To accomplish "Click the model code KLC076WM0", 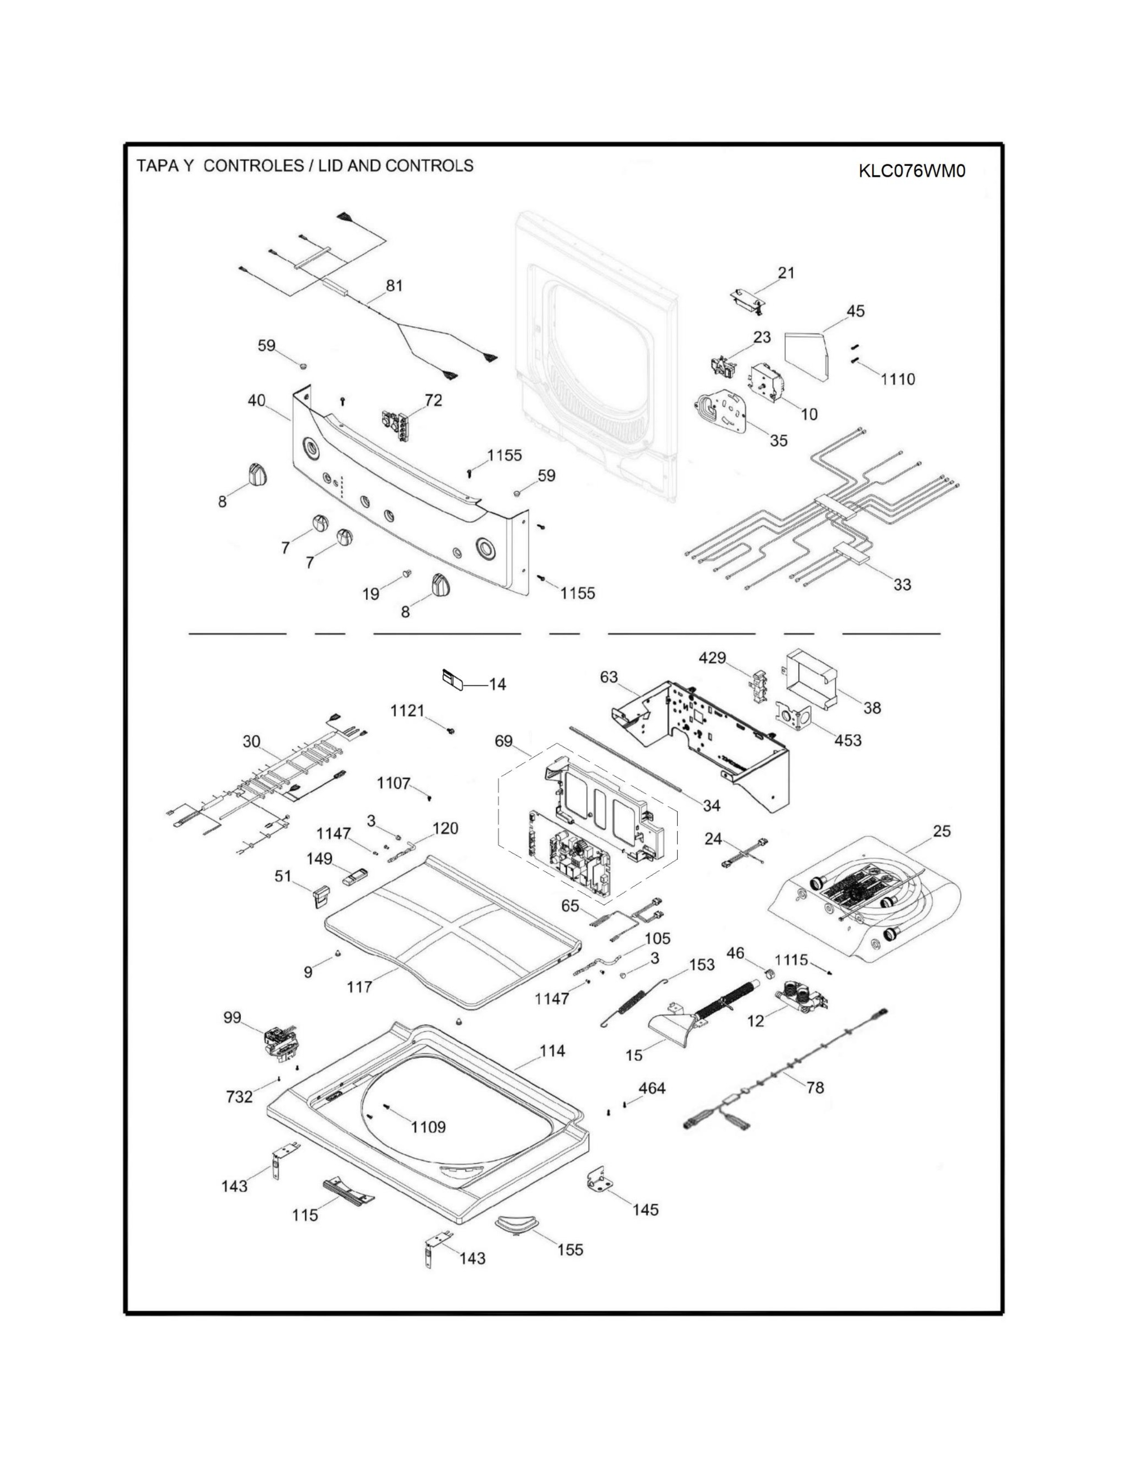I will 911,171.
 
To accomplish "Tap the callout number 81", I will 394,285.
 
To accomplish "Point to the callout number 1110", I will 898,379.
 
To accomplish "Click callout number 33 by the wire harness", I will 902,584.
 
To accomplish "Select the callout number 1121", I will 407,710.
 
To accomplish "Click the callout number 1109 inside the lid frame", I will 428,1127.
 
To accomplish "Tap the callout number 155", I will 570,1250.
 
